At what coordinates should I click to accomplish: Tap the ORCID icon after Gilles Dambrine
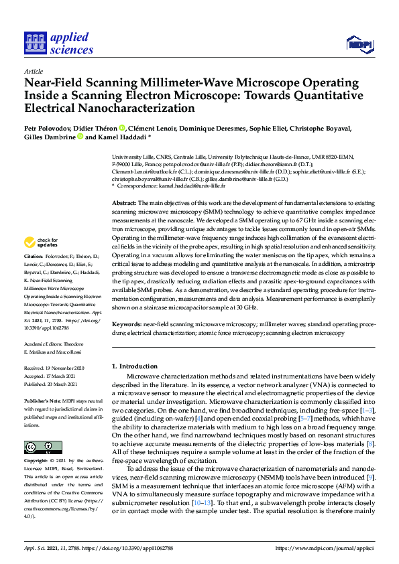click(80, 137)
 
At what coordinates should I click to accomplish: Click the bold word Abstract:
click(123, 202)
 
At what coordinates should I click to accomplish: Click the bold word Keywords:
click(125, 324)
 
